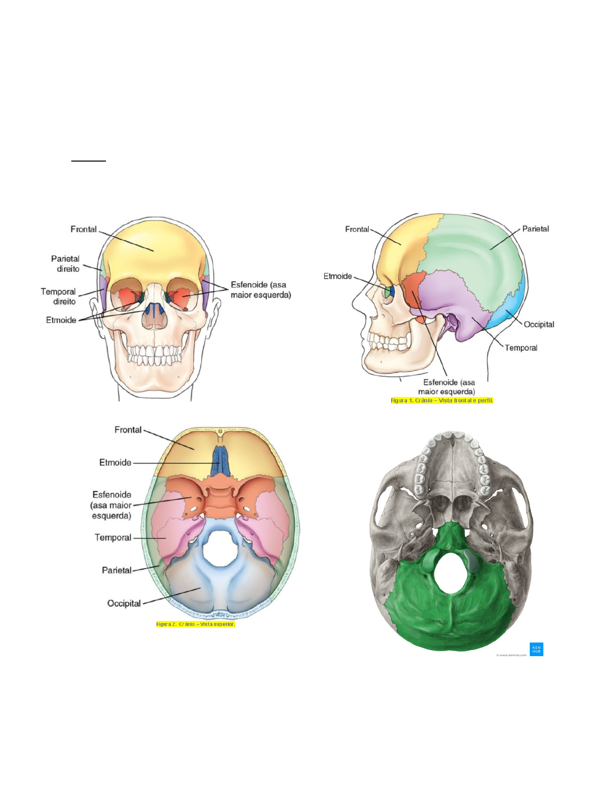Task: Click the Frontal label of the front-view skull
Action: tap(83, 229)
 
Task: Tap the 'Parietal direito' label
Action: tap(65, 264)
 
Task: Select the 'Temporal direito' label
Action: tap(58, 296)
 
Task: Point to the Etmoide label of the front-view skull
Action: tap(61, 320)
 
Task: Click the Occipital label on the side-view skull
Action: tap(539, 325)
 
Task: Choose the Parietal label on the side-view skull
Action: tap(535, 229)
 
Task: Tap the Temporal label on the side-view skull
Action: tap(521, 348)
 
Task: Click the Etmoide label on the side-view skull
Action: tap(338, 276)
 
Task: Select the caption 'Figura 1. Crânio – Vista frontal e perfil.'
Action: tap(442, 400)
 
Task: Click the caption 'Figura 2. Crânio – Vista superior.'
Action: tap(196, 624)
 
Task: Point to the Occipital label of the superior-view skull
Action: tap(124, 603)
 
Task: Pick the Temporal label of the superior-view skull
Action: tap(113, 537)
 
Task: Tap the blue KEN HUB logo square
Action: tap(536, 649)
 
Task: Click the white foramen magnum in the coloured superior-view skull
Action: tap(221, 548)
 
